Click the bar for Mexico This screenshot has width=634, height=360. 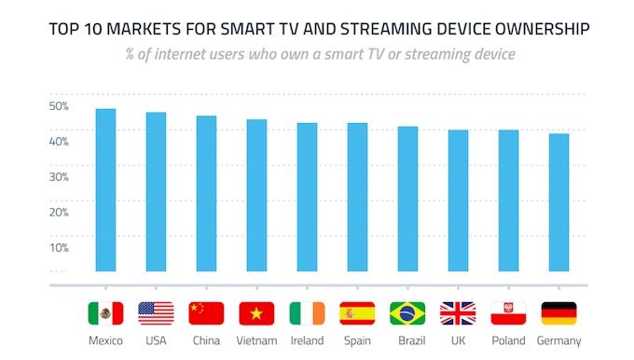pyautogui.click(x=105, y=190)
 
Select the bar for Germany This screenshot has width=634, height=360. pyautogui.click(x=558, y=202)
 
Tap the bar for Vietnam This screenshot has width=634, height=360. pyautogui.click(x=256, y=195)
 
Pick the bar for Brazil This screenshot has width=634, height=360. pyautogui.click(x=407, y=199)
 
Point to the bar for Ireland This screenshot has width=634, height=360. pyautogui.click(x=308, y=197)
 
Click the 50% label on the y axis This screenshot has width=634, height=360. pyautogui.click(x=59, y=106)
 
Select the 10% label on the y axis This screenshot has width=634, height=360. pyautogui.click(x=59, y=247)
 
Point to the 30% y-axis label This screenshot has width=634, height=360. pyautogui.click(x=59, y=177)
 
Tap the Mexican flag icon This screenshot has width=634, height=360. pyautogui.click(x=105, y=313)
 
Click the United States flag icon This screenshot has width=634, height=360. pyautogui.click(x=156, y=313)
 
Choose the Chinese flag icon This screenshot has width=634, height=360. pyautogui.click(x=206, y=313)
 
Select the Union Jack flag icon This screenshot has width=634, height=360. pyautogui.click(x=458, y=313)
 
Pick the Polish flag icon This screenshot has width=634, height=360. pyautogui.click(x=509, y=313)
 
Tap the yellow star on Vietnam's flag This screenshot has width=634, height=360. pyautogui.click(x=256, y=313)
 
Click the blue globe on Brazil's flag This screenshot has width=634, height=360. pyautogui.click(x=407, y=313)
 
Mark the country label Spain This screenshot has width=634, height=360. pyautogui.click(x=357, y=340)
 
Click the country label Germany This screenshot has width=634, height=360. pyautogui.click(x=558, y=341)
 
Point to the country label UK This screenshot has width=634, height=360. pyautogui.click(x=458, y=340)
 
